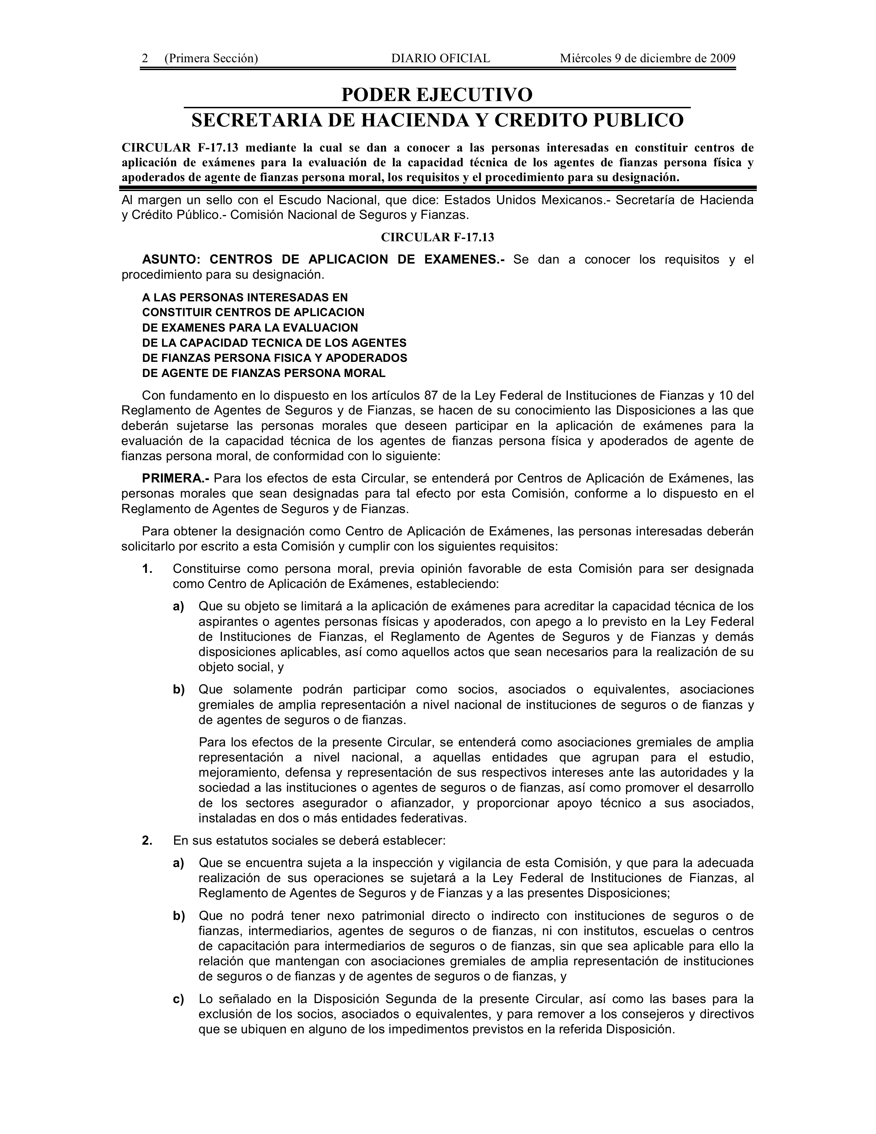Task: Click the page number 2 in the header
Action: [x=145, y=58]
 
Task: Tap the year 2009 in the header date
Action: [x=722, y=58]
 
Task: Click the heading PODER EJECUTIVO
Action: [x=437, y=95]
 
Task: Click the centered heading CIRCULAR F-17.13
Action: [x=437, y=237]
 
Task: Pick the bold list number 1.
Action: [x=147, y=569]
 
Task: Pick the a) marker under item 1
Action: [x=179, y=607]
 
